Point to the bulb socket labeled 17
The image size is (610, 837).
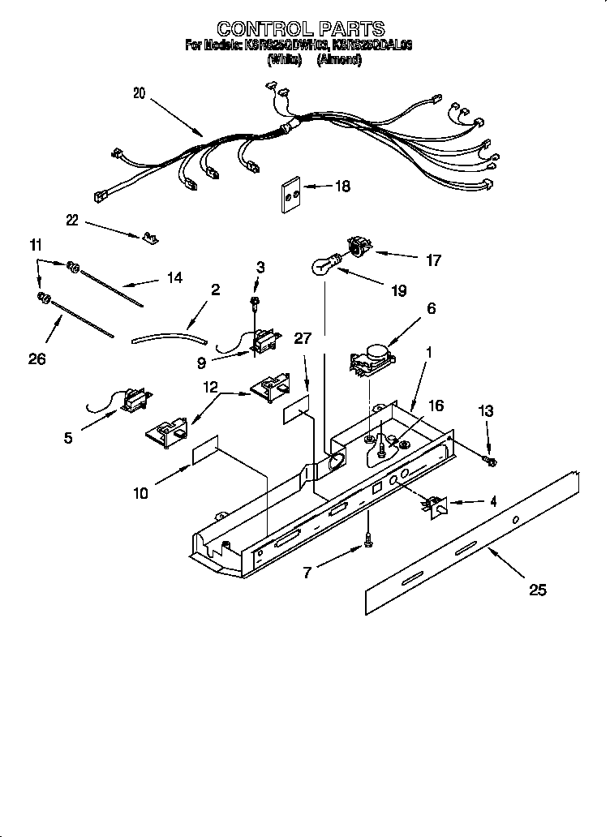[x=358, y=245]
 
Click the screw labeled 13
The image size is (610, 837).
[x=490, y=461]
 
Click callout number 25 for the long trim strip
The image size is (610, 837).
[x=536, y=590]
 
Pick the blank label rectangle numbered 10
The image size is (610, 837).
[x=206, y=454]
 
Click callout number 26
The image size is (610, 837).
[x=37, y=358]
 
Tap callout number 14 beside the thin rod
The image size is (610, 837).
[x=174, y=278]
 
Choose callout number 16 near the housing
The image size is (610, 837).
[x=436, y=405]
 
